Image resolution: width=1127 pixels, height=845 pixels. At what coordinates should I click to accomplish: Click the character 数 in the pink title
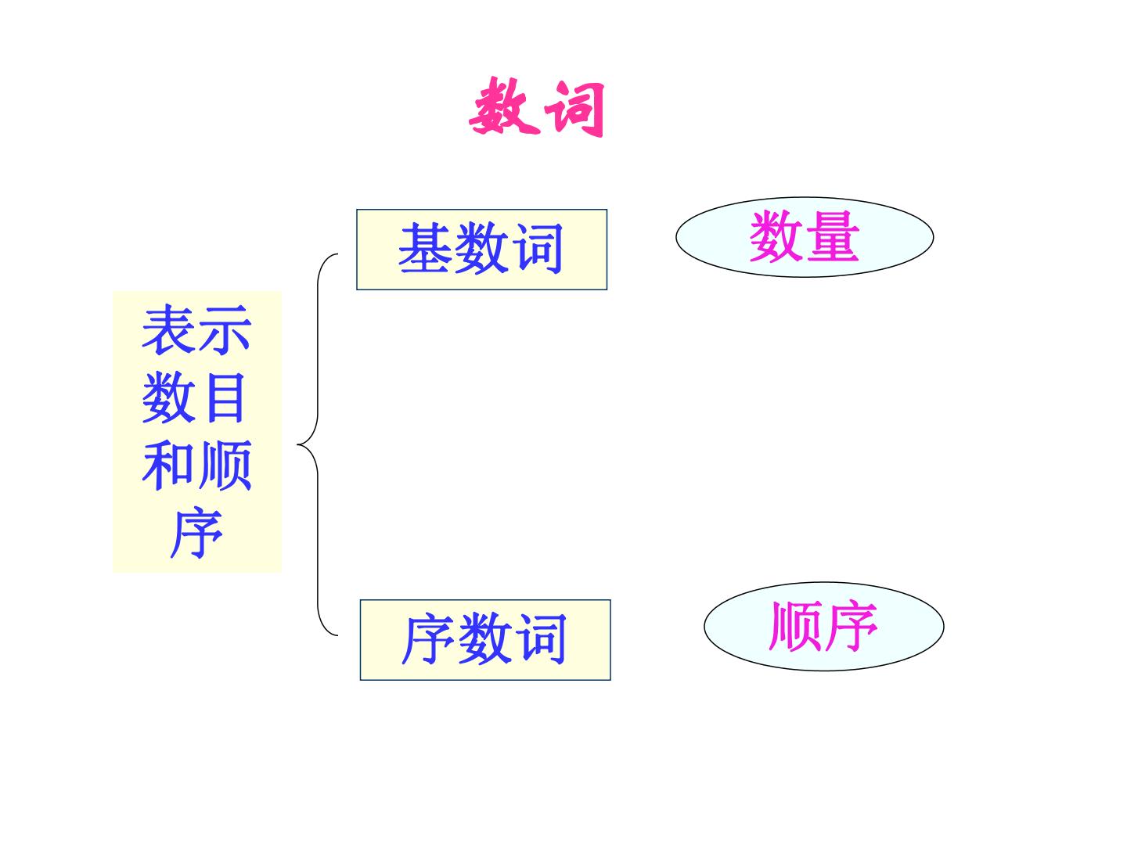tap(504, 106)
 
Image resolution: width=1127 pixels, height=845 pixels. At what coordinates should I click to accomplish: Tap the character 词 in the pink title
tap(574, 110)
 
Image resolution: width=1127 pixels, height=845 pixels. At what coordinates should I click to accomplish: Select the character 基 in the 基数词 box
tap(425, 248)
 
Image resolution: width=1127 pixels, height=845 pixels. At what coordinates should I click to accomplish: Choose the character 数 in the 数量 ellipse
tap(777, 236)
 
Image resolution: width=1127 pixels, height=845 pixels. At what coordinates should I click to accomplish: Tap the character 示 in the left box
tap(225, 329)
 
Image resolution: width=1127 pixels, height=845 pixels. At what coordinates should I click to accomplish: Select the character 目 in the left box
tap(225, 397)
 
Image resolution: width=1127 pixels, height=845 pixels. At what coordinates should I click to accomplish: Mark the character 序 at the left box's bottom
tap(196, 533)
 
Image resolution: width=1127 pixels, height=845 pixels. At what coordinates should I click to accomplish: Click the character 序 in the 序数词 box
tap(427, 639)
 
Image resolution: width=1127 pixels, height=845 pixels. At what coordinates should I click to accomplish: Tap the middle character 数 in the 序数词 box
tap(484, 639)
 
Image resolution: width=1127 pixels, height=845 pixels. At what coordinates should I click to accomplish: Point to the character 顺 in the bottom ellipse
tap(795, 626)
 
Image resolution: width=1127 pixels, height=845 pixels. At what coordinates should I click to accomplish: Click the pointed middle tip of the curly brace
tap(298, 444)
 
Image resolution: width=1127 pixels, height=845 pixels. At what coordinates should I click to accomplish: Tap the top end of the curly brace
tap(338, 254)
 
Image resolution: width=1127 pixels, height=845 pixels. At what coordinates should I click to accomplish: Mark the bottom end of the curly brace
tap(338, 635)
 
